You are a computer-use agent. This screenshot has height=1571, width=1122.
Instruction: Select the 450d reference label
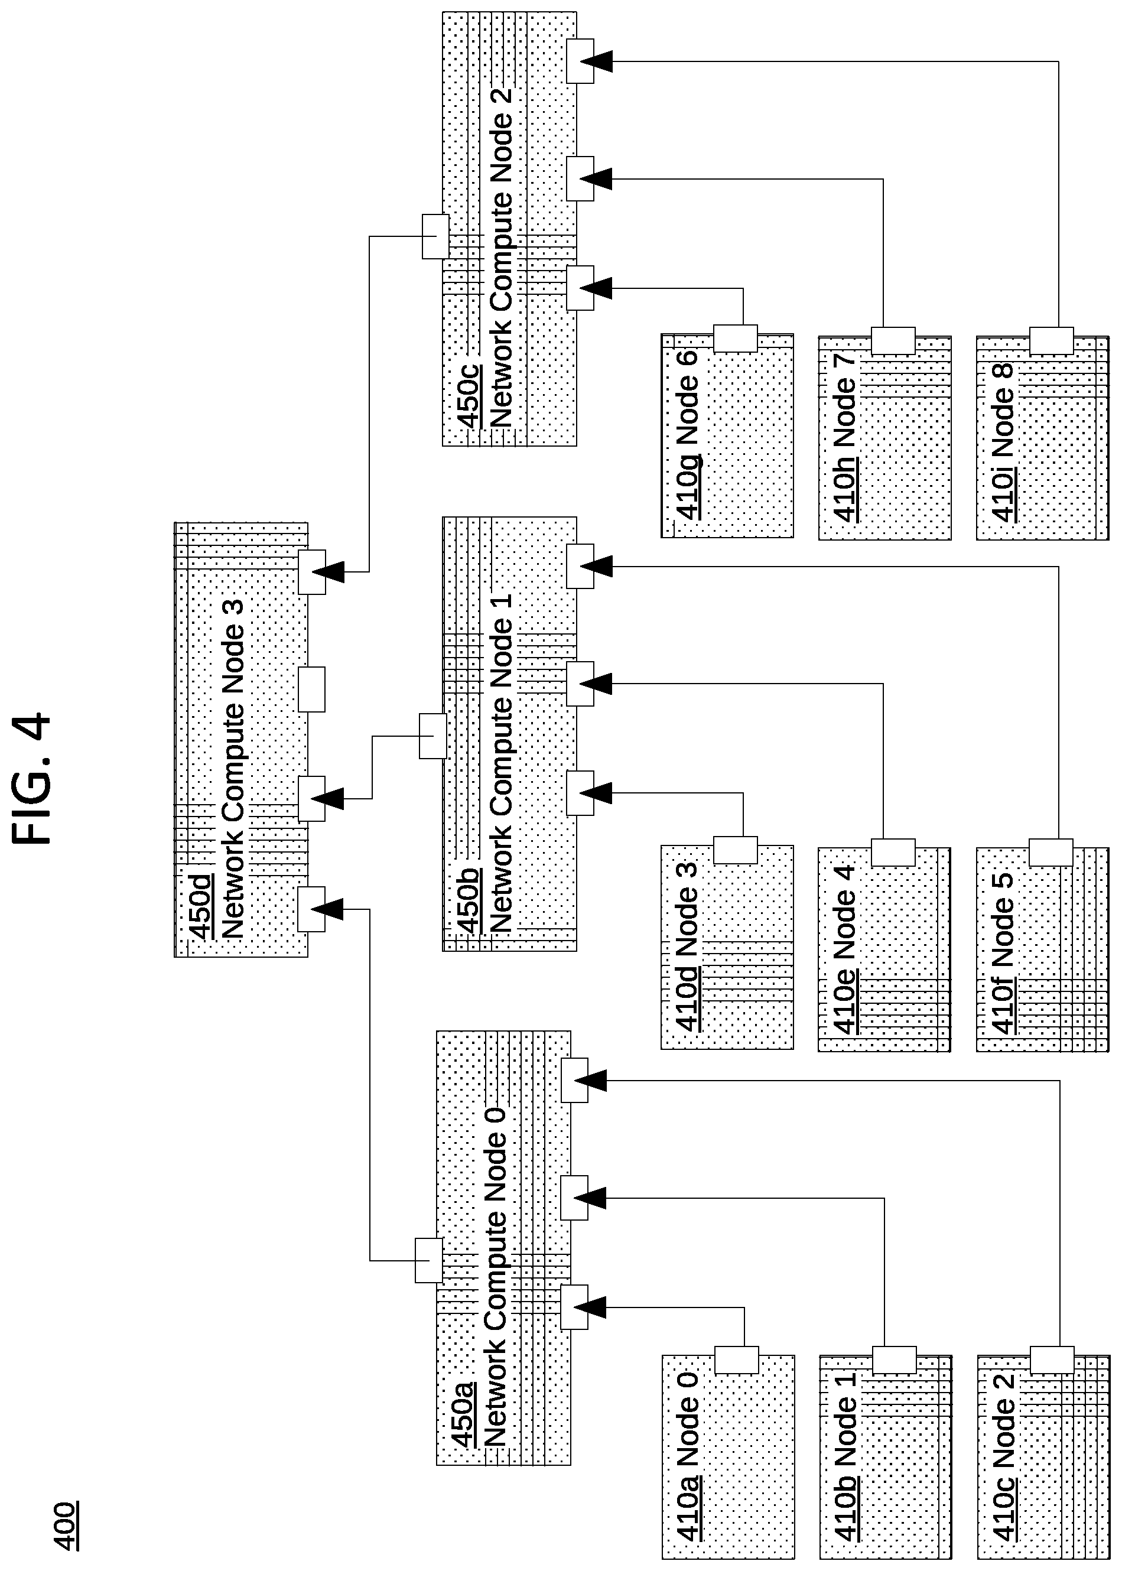point(201,907)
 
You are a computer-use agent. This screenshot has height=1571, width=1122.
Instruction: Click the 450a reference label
point(462,1413)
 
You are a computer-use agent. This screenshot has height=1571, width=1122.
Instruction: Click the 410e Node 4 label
point(845,949)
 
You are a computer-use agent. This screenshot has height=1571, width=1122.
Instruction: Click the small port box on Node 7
point(893,340)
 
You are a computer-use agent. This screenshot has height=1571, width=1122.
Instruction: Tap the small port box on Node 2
point(1052,1359)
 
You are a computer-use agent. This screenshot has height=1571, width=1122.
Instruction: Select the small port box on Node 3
point(735,850)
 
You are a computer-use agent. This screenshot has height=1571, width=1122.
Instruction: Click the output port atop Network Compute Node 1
point(432,736)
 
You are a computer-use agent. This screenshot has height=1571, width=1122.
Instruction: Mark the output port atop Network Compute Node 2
point(435,236)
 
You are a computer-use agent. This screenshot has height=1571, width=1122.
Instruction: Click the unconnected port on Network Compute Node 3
point(311,689)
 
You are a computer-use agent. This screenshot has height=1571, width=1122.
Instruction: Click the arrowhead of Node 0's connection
point(593,1307)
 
